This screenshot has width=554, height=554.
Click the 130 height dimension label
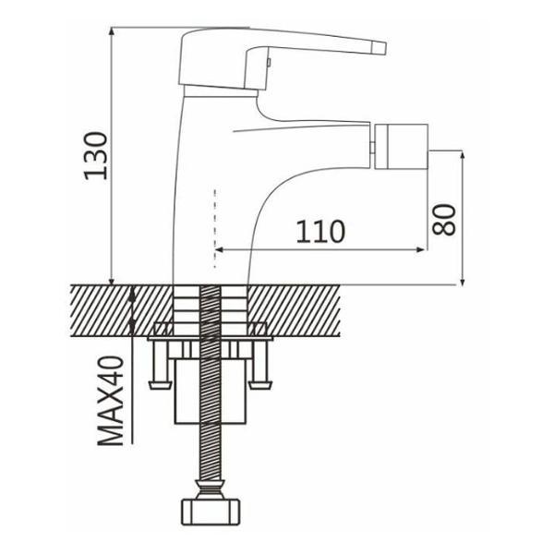[95, 156]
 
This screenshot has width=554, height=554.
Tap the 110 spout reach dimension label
[320, 232]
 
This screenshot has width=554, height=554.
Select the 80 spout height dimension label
[444, 220]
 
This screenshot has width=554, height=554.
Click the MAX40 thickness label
[111, 401]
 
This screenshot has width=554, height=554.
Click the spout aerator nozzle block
[401, 146]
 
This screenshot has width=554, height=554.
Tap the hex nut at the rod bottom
[211, 512]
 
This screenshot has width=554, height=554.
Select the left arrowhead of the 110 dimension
[219, 250]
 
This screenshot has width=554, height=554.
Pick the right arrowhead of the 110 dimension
[420, 250]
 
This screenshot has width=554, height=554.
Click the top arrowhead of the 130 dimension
[112, 31]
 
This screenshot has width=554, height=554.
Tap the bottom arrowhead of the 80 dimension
[463, 281]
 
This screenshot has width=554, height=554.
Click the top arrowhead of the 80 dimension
[463, 156]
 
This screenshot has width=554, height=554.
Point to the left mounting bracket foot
[158, 384]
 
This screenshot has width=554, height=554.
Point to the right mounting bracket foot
[260, 384]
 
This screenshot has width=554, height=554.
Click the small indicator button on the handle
[269, 63]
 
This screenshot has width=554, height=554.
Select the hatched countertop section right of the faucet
[294, 310]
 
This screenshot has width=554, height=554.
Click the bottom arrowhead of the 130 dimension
[112, 281]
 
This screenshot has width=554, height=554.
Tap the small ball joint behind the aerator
[372, 147]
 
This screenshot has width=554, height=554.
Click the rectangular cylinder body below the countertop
[210, 391]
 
